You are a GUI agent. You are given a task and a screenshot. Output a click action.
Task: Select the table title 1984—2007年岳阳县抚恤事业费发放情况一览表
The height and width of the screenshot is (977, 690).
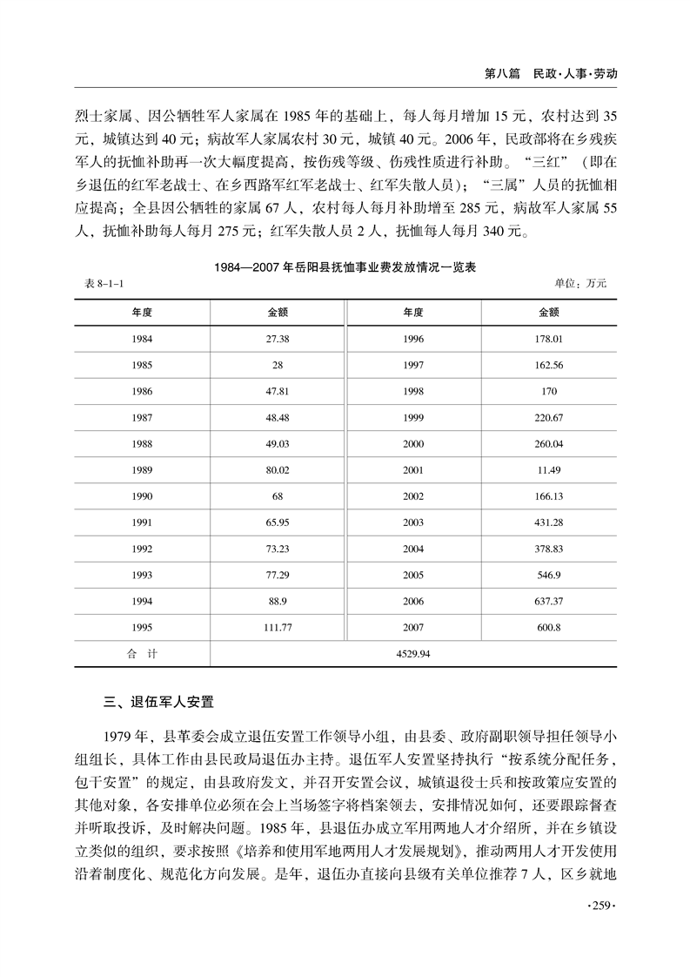[x=345, y=269]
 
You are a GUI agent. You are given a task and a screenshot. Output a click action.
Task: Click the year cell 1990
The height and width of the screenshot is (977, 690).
[x=143, y=495]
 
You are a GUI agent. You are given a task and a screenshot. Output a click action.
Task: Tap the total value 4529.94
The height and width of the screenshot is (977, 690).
[x=412, y=653]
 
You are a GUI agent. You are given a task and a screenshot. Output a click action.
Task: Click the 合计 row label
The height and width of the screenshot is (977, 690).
[x=143, y=653]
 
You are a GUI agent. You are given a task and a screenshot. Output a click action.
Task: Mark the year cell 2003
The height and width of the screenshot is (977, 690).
[x=414, y=522]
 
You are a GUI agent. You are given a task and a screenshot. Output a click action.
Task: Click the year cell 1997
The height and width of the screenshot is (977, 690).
[x=414, y=365]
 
